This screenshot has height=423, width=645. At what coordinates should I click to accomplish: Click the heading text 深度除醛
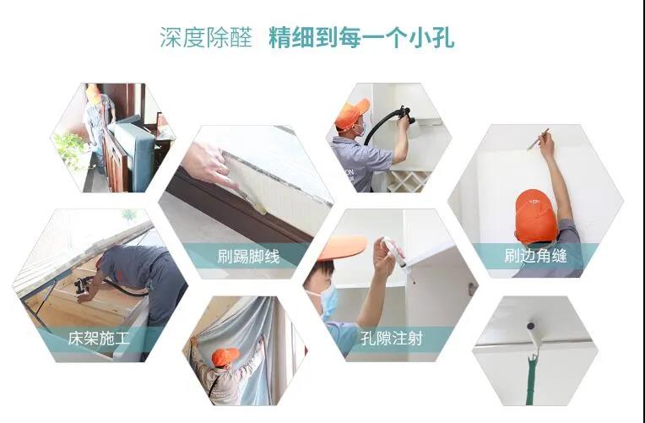point(206,38)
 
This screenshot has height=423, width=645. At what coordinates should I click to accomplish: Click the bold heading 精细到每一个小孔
point(361,38)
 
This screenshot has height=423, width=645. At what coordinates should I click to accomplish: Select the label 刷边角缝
point(534,256)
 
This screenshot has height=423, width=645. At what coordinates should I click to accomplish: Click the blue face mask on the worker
point(328,301)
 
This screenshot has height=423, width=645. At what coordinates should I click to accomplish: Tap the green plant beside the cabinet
point(72,149)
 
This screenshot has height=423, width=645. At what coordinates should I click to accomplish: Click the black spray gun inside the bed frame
point(85,285)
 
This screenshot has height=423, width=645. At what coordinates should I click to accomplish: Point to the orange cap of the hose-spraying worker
point(351,112)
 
